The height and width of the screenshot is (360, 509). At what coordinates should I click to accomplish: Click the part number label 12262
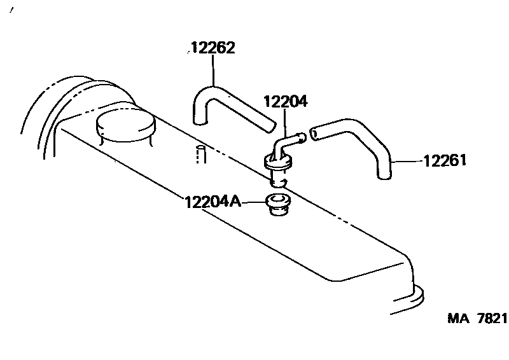pyautogui.click(x=213, y=48)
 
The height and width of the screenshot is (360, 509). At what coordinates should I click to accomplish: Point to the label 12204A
pyautogui.click(x=213, y=202)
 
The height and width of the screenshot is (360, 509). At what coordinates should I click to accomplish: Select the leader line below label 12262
pyautogui.click(x=213, y=71)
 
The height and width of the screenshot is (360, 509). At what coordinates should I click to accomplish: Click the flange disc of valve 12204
pyautogui.click(x=279, y=164)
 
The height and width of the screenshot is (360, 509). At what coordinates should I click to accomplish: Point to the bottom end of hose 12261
pyautogui.click(x=384, y=174)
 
